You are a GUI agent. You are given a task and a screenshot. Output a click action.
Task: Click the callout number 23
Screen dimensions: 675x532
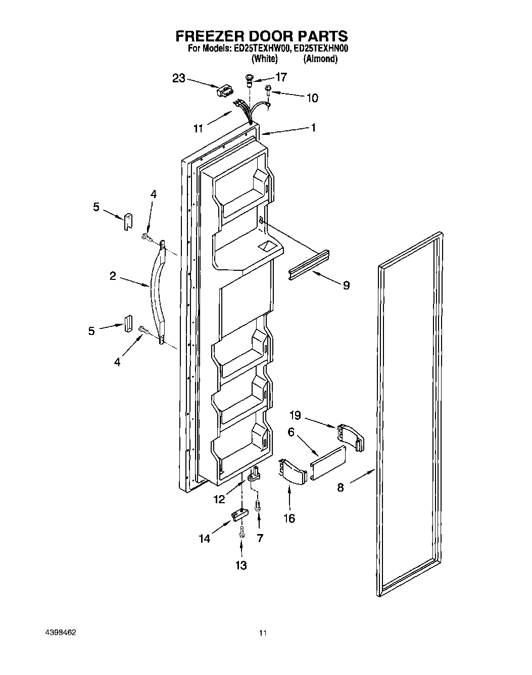click(179, 78)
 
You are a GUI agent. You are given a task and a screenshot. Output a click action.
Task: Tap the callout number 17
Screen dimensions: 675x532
click(280, 77)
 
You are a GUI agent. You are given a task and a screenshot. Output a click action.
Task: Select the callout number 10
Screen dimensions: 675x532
click(312, 98)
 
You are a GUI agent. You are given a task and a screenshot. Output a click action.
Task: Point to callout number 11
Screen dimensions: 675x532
click(198, 128)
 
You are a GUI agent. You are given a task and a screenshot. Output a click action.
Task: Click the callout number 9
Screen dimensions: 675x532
click(346, 285)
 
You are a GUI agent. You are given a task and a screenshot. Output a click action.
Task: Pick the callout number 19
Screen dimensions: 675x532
click(295, 415)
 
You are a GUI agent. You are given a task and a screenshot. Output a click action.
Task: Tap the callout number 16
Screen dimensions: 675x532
click(289, 518)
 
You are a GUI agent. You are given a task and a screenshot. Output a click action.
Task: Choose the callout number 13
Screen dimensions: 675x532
click(241, 565)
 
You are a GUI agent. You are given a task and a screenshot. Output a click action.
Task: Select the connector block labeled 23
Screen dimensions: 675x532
click(224, 91)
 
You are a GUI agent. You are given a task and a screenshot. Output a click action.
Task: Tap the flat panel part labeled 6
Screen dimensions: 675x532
click(328, 463)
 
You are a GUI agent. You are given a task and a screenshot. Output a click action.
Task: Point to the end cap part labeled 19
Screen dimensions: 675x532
click(349, 436)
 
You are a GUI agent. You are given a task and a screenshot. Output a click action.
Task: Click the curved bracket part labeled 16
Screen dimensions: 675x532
click(293, 471)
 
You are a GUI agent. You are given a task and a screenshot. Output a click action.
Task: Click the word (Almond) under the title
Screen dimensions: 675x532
click(320, 59)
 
